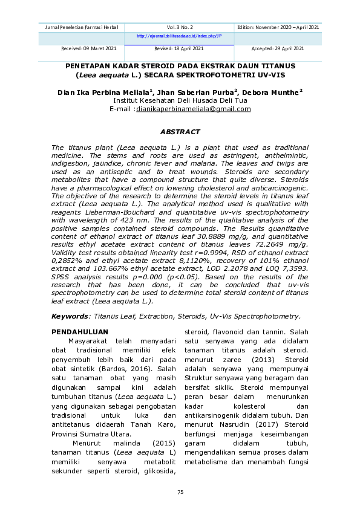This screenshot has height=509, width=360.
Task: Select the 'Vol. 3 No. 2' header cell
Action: tap(180, 28)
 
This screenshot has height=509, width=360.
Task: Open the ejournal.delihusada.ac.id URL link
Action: tap(180, 36)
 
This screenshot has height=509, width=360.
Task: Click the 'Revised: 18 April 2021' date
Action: tap(179, 48)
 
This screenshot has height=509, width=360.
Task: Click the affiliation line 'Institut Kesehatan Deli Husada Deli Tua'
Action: tap(180, 100)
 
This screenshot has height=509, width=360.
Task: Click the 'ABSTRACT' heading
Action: tap(180, 131)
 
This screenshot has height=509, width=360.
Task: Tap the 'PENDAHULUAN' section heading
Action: tap(80, 332)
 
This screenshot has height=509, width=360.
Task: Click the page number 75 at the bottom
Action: tap(180, 493)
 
